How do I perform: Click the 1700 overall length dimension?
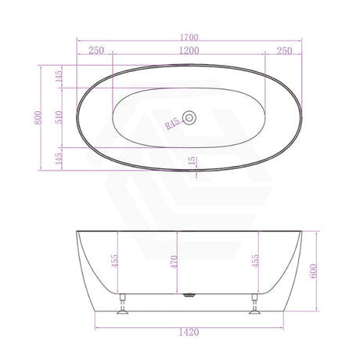(189, 38)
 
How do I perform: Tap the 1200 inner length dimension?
(189, 50)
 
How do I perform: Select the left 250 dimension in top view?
(96, 50)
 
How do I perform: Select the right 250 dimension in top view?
(284, 51)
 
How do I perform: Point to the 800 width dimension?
(38, 117)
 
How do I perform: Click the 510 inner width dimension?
(59, 117)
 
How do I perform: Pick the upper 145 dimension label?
(59, 76)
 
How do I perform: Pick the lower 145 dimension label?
(59, 158)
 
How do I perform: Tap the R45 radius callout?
(172, 124)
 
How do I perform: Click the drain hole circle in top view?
(189, 117)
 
